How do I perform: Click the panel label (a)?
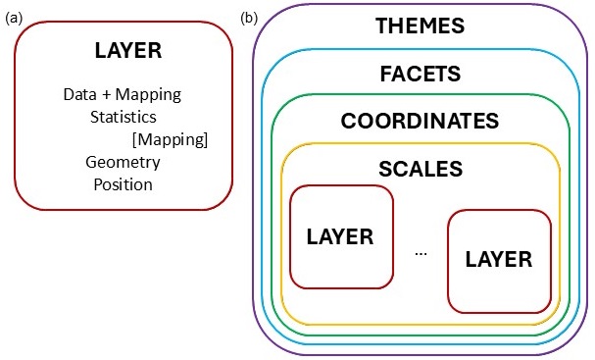(x=14, y=18)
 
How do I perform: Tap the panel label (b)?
(x=248, y=18)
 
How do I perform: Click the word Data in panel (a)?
(x=79, y=94)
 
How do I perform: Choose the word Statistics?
(x=124, y=117)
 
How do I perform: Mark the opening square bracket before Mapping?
(x=134, y=139)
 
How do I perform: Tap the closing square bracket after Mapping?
(x=206, y=139)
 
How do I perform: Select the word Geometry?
(x=123, y=162)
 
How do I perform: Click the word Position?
(x=124, y=184)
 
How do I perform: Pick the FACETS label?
(x=420, y=74)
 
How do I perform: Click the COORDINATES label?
(x=420, y=122)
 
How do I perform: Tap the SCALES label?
(x=420, y=169)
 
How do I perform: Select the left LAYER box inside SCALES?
(x=341, y=236)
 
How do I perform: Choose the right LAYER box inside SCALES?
(x=498, y=259)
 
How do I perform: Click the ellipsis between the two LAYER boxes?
(x=421, y=253)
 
